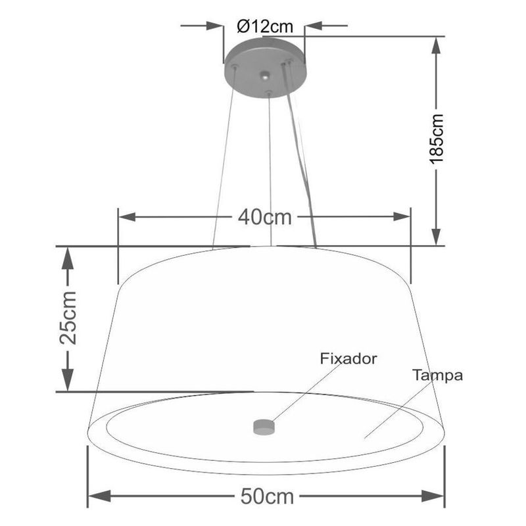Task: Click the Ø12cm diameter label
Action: pos(264,26)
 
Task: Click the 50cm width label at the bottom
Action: pos(267,496)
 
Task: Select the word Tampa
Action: pos(438,375)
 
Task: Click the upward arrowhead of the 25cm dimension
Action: pos(67,258)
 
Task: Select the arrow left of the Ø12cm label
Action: pos(214,26)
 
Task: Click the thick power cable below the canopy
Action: pos(300,164)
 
